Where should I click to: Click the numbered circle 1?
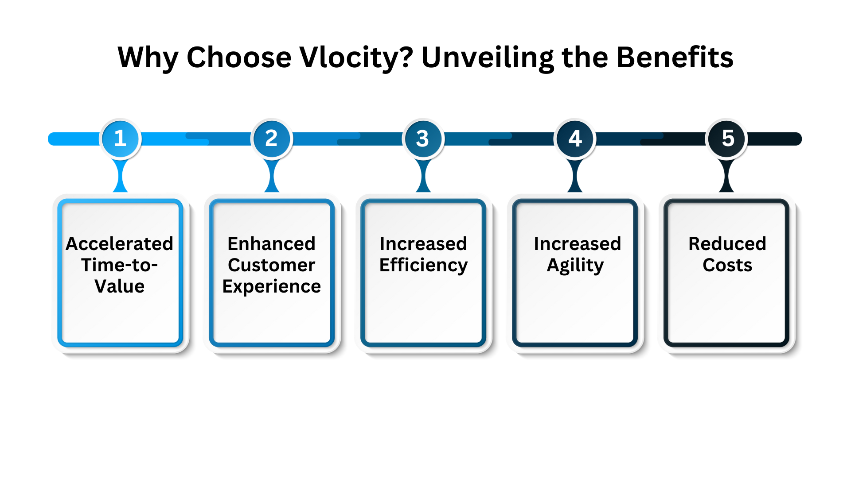pyautogui.click(x=120, y=139)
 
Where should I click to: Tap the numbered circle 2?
pyautogui.click(x=272, y=139)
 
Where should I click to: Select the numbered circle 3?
pyautogui.click(x=423, y=139)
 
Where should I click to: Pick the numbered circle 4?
pyautogui.click(x=575, y=139)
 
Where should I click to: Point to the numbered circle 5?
pyautogui.click(x=727, y=139)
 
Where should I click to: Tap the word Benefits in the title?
pyautogui.click(x=675, y=57)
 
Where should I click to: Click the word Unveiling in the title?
pyautogui.click(x=488, y=58)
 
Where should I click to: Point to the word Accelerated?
pyautogui.click(x=119, y=243)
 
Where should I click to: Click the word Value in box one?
pyautogui.click(x=119, y=286)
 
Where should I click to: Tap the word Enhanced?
pyautogui.click(x=271, y=243)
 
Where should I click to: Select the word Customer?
pyautogui.click(x=271, y=265)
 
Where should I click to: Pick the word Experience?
pyautogui.click(x=271, y=287)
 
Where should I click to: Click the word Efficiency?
pyautogui.click(x=423, y=266)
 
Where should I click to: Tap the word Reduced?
pyautogui.click(x=727, y=243)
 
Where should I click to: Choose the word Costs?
pyautogui.click(x=727, y=265)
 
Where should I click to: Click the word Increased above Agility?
pyautogui.click(x=577, y=243)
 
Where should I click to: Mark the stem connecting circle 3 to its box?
pyautogui.click(x=423, y=176)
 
